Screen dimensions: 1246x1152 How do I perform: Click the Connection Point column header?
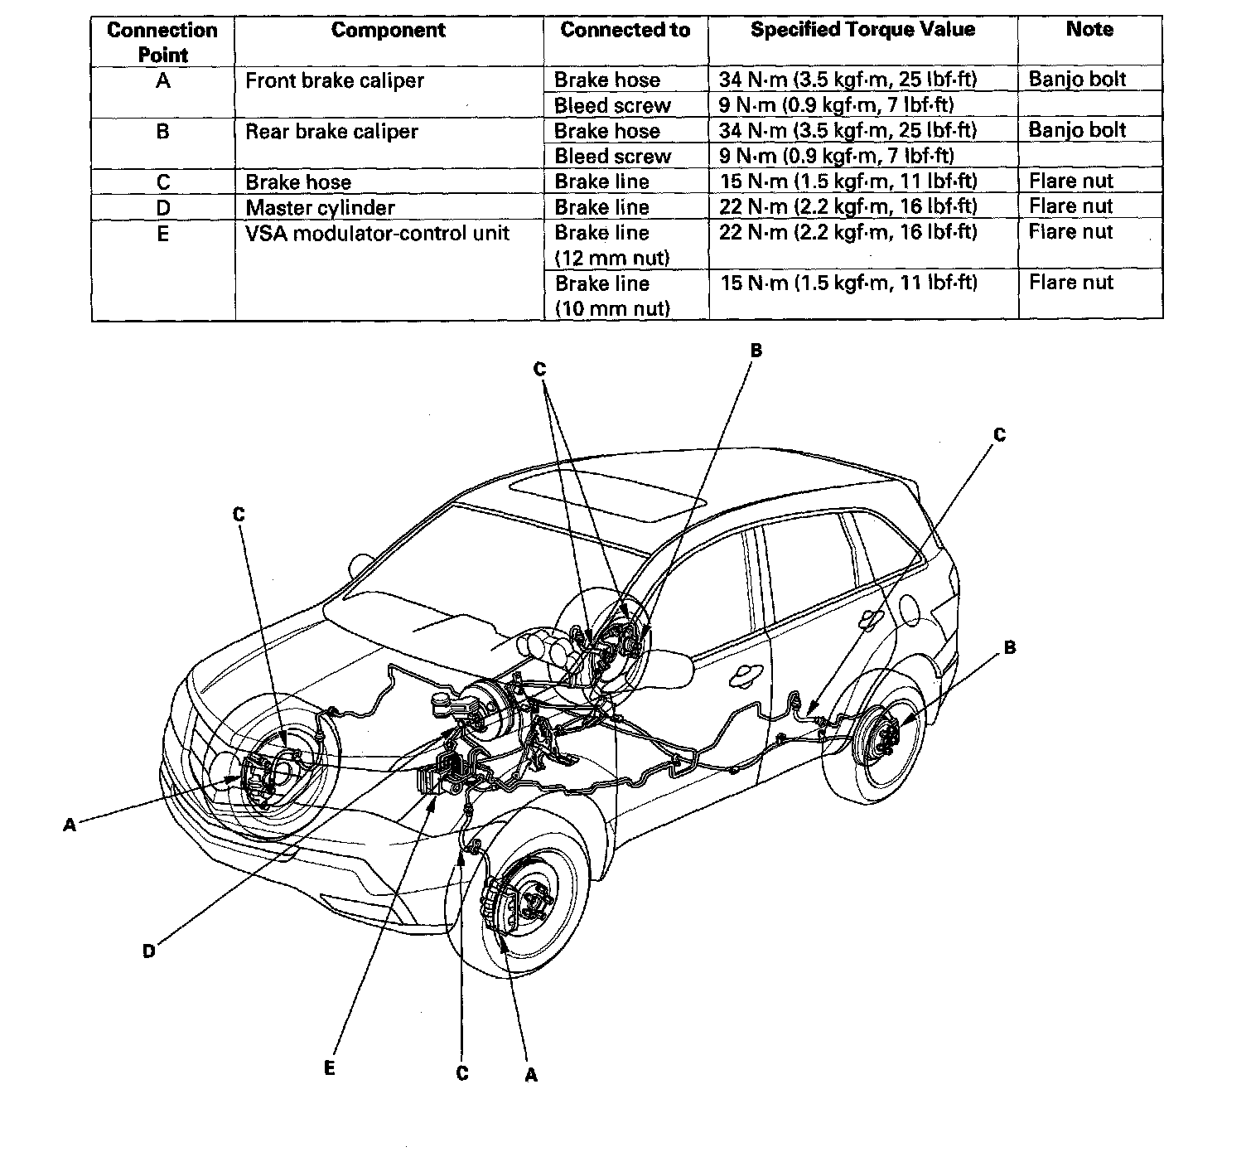(x=162, y=42)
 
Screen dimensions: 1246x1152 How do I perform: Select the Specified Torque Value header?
(x=862, y=30)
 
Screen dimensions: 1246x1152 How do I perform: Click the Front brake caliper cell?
(x=335, y=81)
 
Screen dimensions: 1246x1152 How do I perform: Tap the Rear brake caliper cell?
(x=331, y=132)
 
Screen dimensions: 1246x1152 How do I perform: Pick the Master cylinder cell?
(x=320, y=208)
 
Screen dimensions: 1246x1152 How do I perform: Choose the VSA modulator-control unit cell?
(x=377, y=234)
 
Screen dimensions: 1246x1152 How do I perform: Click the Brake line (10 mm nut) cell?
(x=612, y=296)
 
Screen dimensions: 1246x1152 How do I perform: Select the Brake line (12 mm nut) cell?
(x=612, y=244)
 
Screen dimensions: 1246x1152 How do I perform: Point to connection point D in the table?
(x=162, y=208)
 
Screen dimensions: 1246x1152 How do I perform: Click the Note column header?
(x=1089, y=29)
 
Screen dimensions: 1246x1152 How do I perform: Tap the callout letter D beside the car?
(x=148, y=951)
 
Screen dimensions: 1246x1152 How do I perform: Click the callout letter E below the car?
(x=330, y=1067)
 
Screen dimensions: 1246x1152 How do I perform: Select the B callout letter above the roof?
(x=756, y=351)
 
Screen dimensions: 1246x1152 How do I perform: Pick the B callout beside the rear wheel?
(x=1009, y=647)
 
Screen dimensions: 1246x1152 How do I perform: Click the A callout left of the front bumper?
(x=70, y=825)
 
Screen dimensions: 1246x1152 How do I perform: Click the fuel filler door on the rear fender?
(x=910, y=607)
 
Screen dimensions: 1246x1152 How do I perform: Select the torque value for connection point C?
(x=848, y=182)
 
